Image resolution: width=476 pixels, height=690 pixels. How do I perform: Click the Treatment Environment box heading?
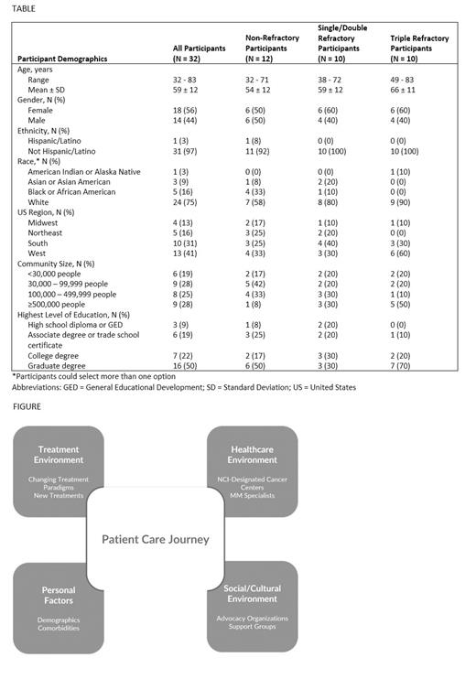click(x=59, y=454)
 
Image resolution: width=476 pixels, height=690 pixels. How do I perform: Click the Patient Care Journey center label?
click(x=155, y=539)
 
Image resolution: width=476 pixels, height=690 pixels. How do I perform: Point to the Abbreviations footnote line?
click(x=184, y=387)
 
